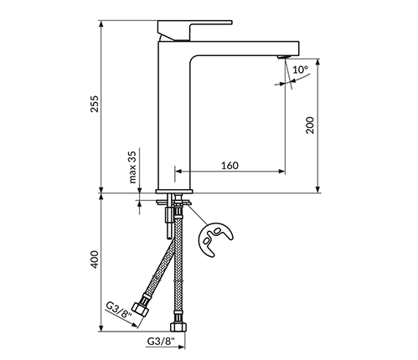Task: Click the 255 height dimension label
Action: click(x=95, y=104)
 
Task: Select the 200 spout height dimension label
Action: click(x=310, y=126)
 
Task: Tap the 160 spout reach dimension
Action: click(x=230, y=166)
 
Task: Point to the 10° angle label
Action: click(x=300, y=69)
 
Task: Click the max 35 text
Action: click(x=132, y=167)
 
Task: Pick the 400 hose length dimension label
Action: click(x=95, y=260)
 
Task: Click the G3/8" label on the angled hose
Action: click(x=119, y=311)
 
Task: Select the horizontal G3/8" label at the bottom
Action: click(x=161, y=341)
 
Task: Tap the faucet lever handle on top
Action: click(x=194, y=29)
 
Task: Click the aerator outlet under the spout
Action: click(x=283, y=57)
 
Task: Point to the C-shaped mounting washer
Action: click(x=215, y=239)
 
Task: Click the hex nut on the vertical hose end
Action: click(x=178, y=327)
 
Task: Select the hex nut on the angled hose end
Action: click(x=139, y=309)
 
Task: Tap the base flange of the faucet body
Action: click(x=174, y=191)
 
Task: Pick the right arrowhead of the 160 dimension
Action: click(x=281, y=172)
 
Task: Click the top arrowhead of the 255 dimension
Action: click(x=101, y=24)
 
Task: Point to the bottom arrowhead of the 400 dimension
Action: click(x=101, y=328)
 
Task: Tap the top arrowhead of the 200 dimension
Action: click(x=317, y=62)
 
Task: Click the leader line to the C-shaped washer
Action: click(x=198, y=213)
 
